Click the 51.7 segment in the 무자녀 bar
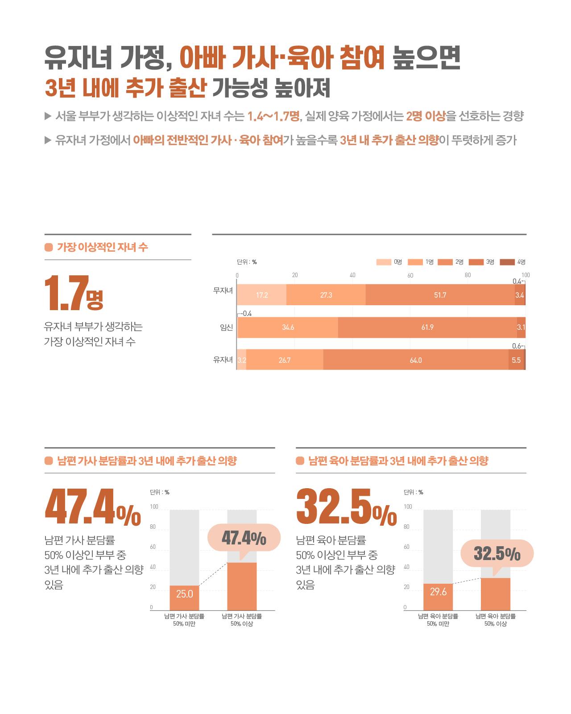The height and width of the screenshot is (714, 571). coord(440,295)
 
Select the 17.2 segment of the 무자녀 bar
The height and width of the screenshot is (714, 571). coord(262,295)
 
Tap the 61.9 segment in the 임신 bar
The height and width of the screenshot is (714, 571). coord(427,328)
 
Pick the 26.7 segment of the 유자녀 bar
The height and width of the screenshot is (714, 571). coord(285,360)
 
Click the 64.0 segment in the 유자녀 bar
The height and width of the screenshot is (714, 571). coord(416,360)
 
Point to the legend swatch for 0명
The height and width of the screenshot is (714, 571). coord(384,262)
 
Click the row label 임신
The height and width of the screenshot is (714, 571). coord(226,328)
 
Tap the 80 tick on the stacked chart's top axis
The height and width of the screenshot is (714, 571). coord(468,275)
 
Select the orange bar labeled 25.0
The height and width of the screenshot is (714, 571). coord(184,598)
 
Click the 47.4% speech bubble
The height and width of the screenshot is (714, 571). coord(244,539)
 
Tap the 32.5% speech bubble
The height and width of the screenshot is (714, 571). coord(497,554)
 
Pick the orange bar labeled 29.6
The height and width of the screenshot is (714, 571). coord(438,596)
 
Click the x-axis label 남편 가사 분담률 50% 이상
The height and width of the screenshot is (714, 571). coord(242,620)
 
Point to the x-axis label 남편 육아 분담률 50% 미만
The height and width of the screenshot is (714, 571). coord(438,620)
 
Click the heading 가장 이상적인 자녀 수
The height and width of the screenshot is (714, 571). coord(103,247)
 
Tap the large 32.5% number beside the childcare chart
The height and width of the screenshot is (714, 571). coord(346,507)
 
